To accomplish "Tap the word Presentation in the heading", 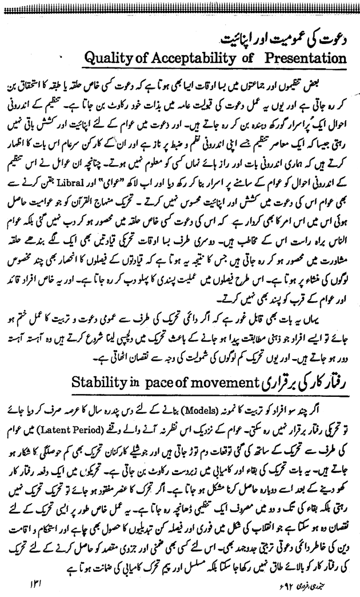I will tap(304, 59).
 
